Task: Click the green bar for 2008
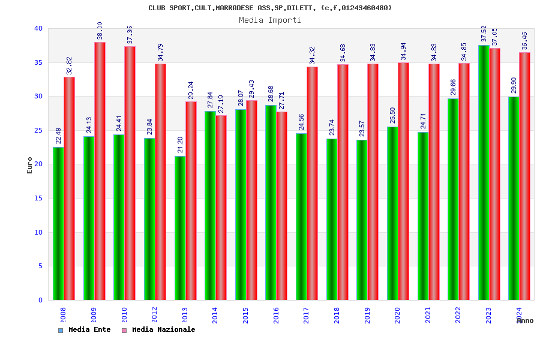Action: tap(58, 223)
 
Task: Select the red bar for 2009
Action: tap(100, 171)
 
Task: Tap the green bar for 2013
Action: tap(180, 228)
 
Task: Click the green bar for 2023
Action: tap(484, 172)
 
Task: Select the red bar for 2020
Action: tap(403, 181)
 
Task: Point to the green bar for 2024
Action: tap(514, 198)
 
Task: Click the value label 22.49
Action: tap(58, 136)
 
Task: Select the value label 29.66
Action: tap(453, 87)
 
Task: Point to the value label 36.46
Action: tap(525, 41)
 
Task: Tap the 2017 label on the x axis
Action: tap(307, 316)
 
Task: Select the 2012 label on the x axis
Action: tap(154, 316)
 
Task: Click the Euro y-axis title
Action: tap(30, 165)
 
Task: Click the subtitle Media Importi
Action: tap(270, 20)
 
